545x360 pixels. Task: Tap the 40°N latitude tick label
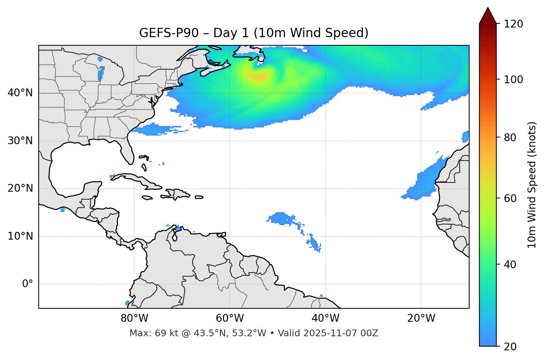point(20,93)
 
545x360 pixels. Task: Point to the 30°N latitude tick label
point(20,141)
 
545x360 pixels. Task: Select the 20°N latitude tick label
point(20,188)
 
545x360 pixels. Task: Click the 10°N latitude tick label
point(20,236)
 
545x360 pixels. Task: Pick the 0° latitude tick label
point(28,284)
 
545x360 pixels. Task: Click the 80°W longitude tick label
point(134,318)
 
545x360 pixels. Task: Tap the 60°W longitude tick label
point(230,318)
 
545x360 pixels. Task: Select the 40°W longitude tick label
point(325,318)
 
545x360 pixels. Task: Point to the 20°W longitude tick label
point(421,318)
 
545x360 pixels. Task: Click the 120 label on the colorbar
point(513,24)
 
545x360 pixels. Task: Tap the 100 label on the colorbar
point(513,80)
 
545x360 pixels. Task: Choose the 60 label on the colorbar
point(511,198)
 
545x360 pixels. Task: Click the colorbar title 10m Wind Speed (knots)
point(532,185)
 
